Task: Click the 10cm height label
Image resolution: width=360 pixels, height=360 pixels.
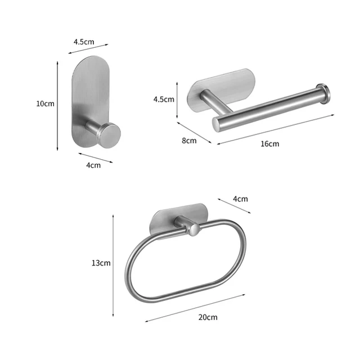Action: coord(45,103)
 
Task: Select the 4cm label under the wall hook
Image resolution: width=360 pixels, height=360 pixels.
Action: coord(93,165)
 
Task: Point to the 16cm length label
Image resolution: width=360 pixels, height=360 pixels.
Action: coord(269,143)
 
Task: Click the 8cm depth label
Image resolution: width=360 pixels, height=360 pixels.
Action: coord(189,141)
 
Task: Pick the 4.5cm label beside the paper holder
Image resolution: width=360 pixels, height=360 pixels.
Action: coord(164,99)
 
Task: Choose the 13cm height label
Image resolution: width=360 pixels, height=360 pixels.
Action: coord(101,263)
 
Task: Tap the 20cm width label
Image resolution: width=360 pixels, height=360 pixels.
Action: coord(208,317)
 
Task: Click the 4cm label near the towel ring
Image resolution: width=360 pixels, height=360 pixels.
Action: coord(240,199)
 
